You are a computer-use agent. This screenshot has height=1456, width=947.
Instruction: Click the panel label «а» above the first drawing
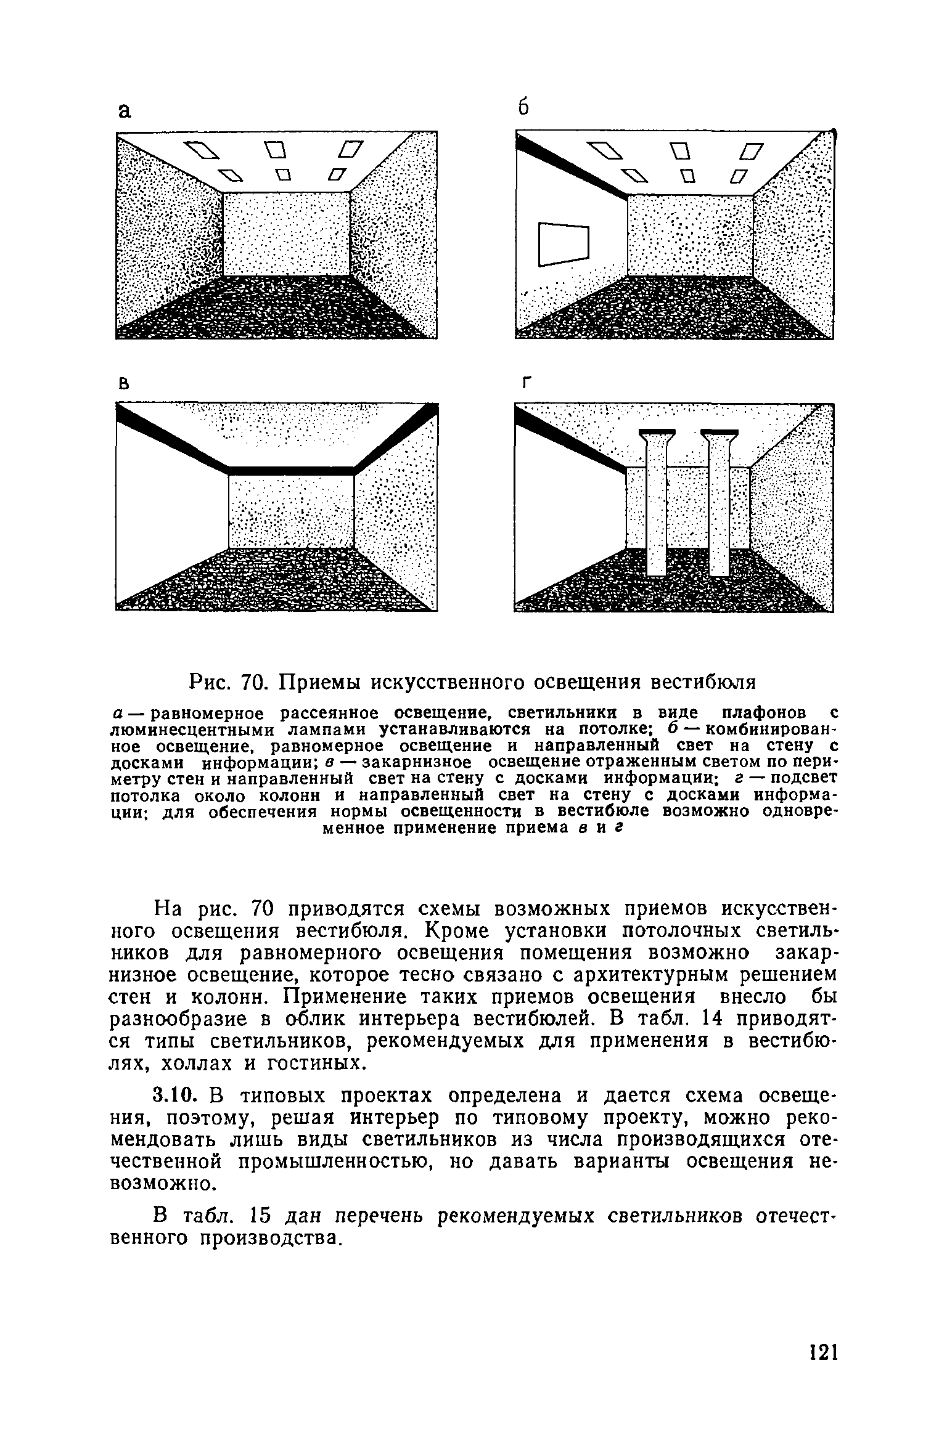(125, 112)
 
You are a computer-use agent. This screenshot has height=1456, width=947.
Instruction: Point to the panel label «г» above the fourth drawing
(525, 384)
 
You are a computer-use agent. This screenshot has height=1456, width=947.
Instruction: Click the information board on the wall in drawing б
(564, 244)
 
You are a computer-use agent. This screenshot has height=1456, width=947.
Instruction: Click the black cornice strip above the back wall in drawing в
(292, 471)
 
